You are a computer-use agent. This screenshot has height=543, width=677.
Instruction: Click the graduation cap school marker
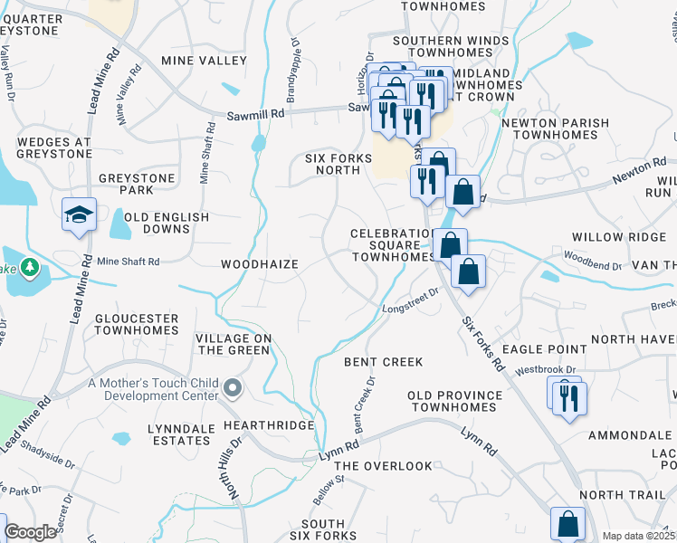coord(79,215)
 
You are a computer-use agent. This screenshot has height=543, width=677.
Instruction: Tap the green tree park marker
coord(30,267)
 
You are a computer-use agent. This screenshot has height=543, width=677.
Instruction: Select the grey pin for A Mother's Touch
coord(234,389)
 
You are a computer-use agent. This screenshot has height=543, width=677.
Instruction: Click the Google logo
coord(30,533)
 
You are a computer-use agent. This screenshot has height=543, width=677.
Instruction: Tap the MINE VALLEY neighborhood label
coord(204,61)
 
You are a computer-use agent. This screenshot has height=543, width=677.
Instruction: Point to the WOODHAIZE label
coord(260,264)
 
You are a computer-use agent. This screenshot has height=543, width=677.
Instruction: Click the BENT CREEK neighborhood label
coord(384,362)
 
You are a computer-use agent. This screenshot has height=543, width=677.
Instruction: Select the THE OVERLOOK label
coord(386,466)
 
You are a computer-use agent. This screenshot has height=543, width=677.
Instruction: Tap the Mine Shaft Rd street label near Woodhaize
coord(128,262)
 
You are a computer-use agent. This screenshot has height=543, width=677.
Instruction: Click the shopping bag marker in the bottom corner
coord(567,524)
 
